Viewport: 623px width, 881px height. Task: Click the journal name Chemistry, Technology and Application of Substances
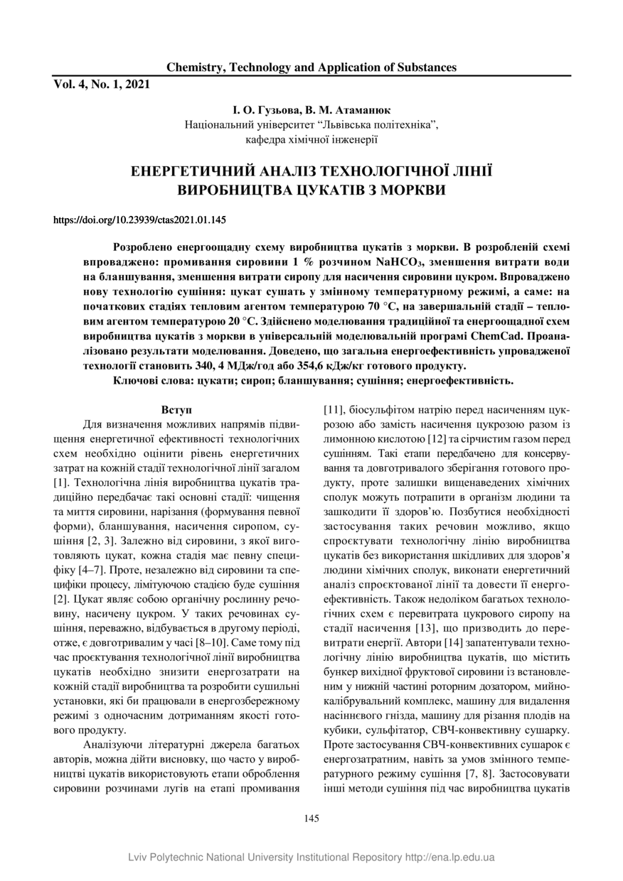click(311, 67)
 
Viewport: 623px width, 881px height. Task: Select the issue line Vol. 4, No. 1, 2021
click(102, 84)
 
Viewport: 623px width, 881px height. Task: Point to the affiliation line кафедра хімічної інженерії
click(311, 140)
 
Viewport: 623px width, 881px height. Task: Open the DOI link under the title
click(140, 220)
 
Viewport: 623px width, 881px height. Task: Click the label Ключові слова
click(156, 381)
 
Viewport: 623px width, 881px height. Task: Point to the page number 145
click(311, 818)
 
